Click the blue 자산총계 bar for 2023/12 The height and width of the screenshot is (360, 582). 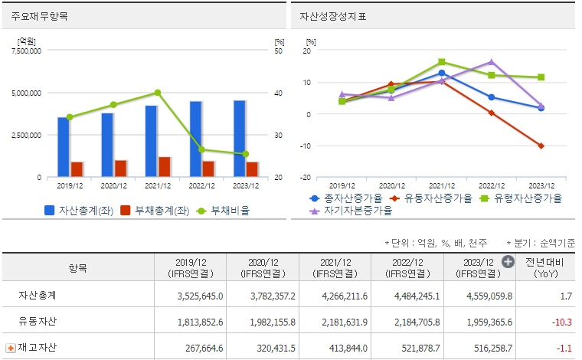click(240, 139)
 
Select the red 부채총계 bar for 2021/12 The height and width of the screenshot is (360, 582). click(165, 167)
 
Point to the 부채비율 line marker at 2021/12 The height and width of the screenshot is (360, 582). click(158, 93)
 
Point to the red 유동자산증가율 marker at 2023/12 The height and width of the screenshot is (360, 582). click(541, 146)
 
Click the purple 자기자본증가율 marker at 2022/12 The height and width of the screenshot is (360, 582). click(492, 62)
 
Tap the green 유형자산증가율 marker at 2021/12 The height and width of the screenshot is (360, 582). click(442, 62)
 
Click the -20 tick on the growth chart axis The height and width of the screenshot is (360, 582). click(306, 177)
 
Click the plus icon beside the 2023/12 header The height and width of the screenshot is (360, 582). click(508, 262)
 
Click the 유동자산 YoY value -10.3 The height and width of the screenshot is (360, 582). click(565, 322)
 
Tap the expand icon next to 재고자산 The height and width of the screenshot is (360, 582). click(11, 348)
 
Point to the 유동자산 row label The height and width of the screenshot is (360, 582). click(38, 322)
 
